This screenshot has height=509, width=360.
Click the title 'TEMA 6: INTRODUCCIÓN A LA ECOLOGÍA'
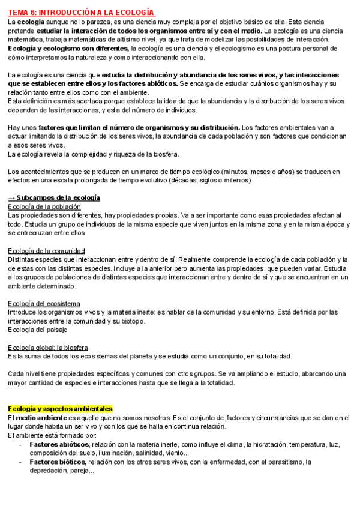[81, 13]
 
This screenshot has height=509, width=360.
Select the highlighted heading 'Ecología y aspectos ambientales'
[60, 409]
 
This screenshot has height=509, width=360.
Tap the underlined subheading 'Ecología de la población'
[44, 206]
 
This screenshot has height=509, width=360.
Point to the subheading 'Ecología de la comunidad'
[46, 250]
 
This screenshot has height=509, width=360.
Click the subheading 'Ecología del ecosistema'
[44, 303]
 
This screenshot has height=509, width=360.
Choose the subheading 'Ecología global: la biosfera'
[48, 348]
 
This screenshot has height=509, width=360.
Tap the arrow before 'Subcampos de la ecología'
[11, 198]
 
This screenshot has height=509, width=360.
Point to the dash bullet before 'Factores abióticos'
[21, 444]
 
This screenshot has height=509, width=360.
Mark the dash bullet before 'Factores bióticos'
[21, 462]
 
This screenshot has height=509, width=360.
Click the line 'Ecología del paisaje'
[37, 330]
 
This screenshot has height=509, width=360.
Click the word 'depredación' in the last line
[49, 471]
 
